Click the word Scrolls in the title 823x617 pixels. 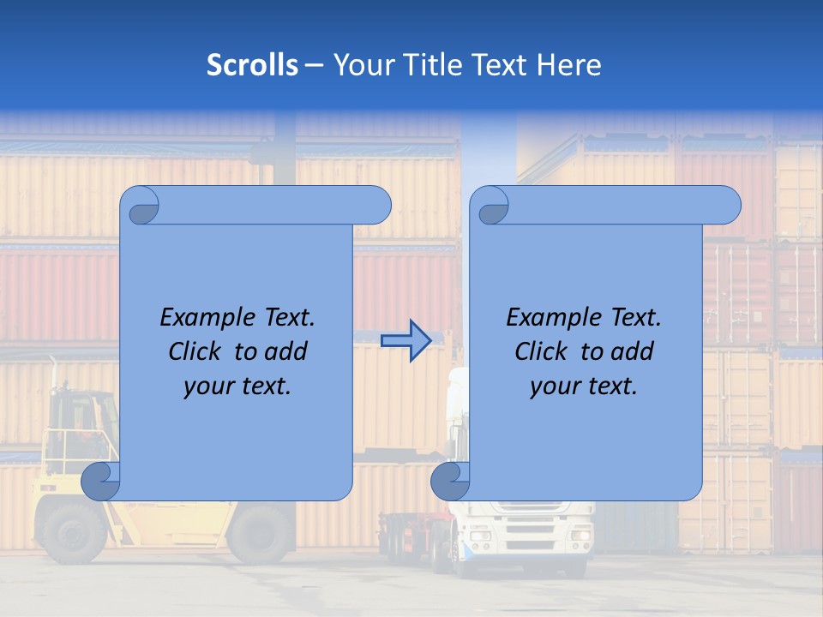(x=252, y=65)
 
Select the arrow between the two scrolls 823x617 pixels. (x=405, y=341)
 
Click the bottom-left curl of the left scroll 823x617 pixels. (x=100, y=480)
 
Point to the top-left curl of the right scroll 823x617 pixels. (x=493, y=206)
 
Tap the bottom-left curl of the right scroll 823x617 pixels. (x=450, y=480)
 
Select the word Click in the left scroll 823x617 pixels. (x=196, y=351)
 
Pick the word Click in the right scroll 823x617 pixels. (x=543, y=351)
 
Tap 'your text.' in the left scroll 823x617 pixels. (x=237, y=386)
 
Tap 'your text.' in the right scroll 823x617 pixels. (x=584, y=386)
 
